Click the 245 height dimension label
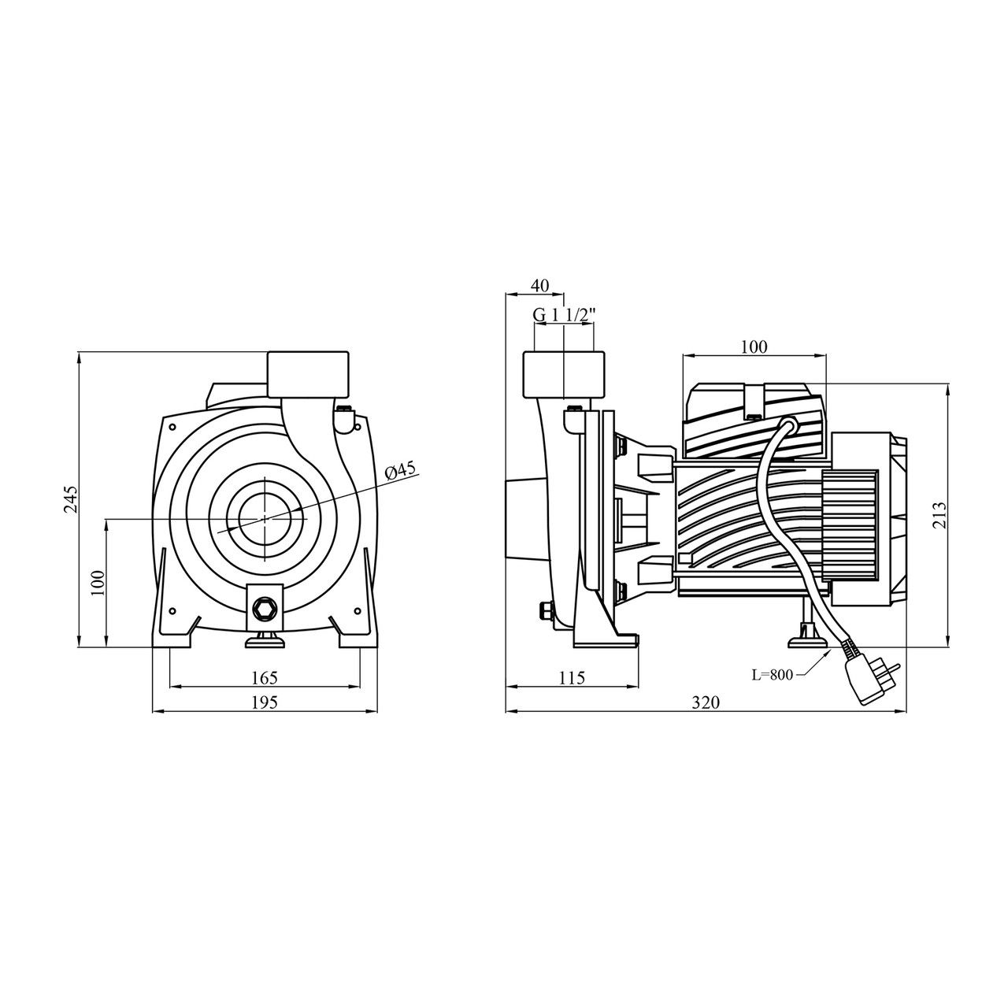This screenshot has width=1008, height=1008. (x=72, y=498)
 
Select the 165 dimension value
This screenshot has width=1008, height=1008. (x=264, y=677)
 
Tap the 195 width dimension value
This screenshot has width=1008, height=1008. (x=264, y=702)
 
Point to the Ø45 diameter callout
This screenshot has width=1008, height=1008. (x=401, y=470)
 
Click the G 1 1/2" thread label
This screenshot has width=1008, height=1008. (x=565, y=315)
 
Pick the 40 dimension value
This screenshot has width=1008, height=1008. (x=540, y=286)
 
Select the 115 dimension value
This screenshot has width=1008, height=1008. (x=571, y=677)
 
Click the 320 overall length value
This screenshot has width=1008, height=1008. (x=706, y=702)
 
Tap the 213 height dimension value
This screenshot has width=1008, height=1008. (x=940, y=515)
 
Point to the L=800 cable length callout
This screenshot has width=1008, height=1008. (x=773, y=675)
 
